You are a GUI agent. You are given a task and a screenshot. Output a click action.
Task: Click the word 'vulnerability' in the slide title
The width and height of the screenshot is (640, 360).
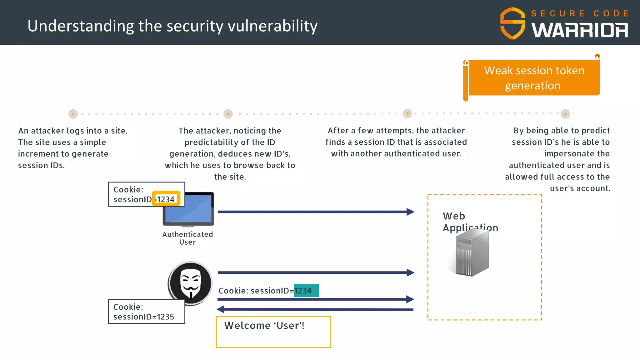tap(272, 26)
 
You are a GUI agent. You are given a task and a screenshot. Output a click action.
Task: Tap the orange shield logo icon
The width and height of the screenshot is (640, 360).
tap(512, 23)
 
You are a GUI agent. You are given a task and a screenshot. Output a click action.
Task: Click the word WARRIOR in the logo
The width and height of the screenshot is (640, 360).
tap(580, 30)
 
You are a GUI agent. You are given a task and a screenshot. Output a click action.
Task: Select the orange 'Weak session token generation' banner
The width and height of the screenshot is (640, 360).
tap(534, 78)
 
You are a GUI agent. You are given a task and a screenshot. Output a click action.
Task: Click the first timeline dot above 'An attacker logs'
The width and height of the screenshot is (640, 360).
tap(73, 114)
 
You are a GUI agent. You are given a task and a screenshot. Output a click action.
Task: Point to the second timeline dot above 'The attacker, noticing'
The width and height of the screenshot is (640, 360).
tap(228, 114)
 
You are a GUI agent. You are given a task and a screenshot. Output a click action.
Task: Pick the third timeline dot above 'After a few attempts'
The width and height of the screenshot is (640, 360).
tap(407, 114)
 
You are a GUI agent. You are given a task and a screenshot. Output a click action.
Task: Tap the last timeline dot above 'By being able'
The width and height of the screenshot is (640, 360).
tap(565, 114)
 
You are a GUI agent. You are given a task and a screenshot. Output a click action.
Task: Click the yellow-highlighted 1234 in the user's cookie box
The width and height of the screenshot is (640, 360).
tap(166, 199)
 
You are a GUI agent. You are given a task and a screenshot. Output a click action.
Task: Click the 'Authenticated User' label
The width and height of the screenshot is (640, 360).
tap(187, 238)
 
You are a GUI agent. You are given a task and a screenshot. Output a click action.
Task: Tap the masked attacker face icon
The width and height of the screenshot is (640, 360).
tap(190, 283)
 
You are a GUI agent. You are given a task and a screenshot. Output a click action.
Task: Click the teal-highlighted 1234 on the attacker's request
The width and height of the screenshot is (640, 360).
tap(306, 291)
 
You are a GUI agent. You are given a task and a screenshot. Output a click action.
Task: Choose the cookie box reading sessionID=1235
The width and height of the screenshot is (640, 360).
tap(146, 312)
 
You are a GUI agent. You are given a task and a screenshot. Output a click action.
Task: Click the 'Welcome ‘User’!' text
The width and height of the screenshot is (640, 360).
tap(264, 326)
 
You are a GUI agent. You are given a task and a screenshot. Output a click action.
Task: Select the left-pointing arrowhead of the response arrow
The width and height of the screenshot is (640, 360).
tap(221, 309)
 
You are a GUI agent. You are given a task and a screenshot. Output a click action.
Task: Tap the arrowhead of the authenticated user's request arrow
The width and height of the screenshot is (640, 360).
tap(410, 212)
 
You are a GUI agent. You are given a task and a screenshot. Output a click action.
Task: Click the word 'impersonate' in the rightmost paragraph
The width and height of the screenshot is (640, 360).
tap(577, 154)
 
